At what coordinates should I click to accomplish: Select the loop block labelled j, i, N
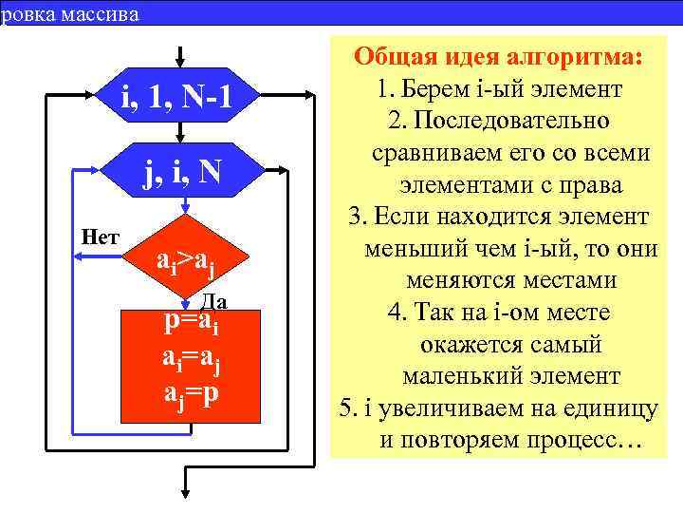(x=181, y=174)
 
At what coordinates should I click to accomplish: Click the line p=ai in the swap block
(x=193, y=323)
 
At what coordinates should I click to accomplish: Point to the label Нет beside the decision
(x=100, y=236)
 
